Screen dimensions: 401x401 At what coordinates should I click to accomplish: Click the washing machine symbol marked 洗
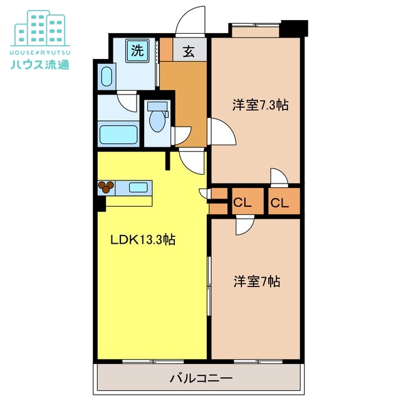(137, 51)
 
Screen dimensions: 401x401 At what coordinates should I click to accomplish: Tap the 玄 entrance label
(189, 52)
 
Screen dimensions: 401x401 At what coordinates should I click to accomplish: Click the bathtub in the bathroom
(118, 135)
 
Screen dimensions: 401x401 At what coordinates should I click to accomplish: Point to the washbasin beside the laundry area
(107, 76)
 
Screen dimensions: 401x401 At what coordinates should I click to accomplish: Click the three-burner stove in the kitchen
(107, 187)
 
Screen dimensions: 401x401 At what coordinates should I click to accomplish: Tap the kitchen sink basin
(138, 187)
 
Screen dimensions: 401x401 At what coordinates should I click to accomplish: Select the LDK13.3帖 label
(143, 240)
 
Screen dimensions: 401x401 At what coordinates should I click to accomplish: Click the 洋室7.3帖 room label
(261, 105)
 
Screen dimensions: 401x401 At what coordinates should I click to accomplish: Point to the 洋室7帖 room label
(257, 281)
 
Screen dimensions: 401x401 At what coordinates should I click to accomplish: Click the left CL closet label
(242, 203)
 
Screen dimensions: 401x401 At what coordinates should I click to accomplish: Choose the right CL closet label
(279, 203)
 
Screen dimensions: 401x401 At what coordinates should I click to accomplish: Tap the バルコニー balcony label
(201, 378)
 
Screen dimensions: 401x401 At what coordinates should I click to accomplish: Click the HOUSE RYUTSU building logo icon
(40, 29)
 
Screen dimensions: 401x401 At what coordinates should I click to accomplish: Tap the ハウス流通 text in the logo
(40, 64)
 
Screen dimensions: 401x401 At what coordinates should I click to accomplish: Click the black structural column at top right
(294, 28)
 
